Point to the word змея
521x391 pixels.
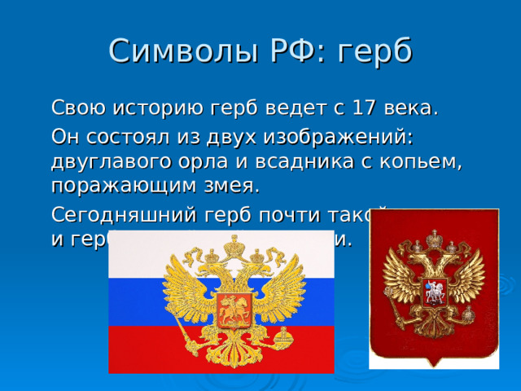coord(232,186)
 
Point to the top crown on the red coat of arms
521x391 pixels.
coord(434,239)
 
